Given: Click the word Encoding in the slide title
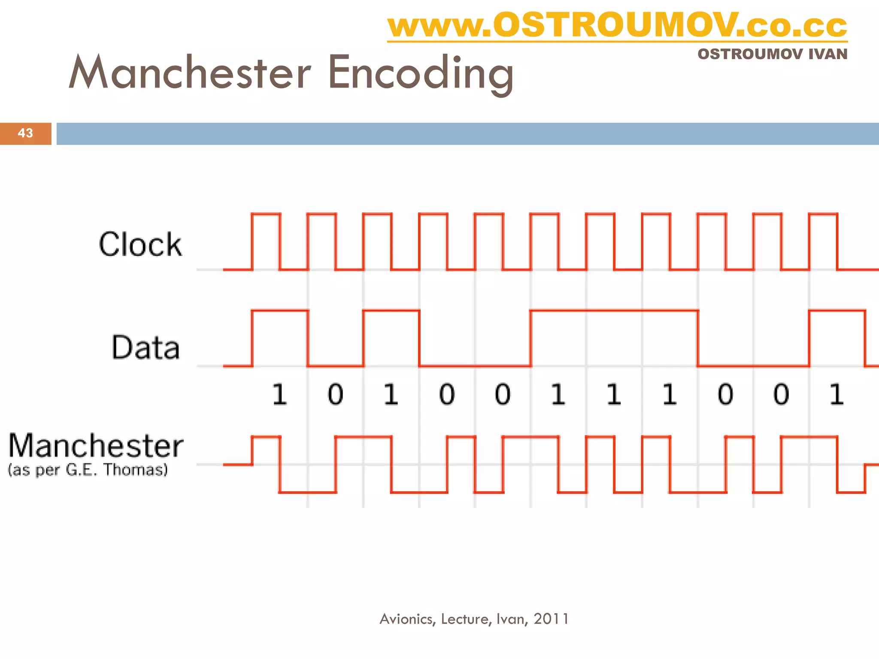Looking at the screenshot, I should coord(421,73).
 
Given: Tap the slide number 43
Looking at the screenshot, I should coord(25,133).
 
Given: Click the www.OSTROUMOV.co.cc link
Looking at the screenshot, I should coord(617,26).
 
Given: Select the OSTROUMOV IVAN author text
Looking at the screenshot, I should coord(772,54).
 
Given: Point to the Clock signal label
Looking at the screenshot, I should coord(140,244).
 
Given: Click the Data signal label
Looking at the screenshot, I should coord(145,347).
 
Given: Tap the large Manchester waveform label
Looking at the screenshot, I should coord(96,446).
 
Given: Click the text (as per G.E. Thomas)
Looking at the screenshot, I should coord(88,470).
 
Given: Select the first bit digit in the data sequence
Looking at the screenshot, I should coord(279,394).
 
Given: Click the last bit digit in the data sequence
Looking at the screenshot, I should coord(836,394).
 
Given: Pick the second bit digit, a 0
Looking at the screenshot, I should coord(335,394).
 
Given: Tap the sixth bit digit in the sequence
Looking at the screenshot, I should coord(558,394).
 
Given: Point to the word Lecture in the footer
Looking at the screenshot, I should coord(466,619).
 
